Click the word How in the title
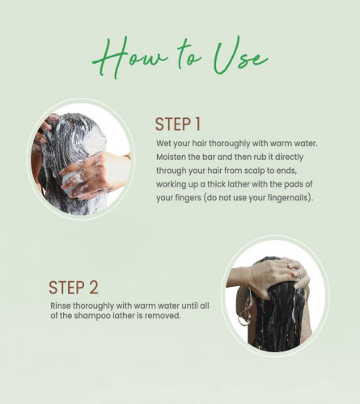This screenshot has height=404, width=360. point(129,58)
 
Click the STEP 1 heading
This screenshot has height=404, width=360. point(178,124)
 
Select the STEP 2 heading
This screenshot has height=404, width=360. point(74,288)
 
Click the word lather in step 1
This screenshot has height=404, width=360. point(239,184)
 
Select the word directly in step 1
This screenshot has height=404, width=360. point(289,158)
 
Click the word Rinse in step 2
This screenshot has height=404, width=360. point(61,305)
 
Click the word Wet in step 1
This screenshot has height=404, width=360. point(163,143)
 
